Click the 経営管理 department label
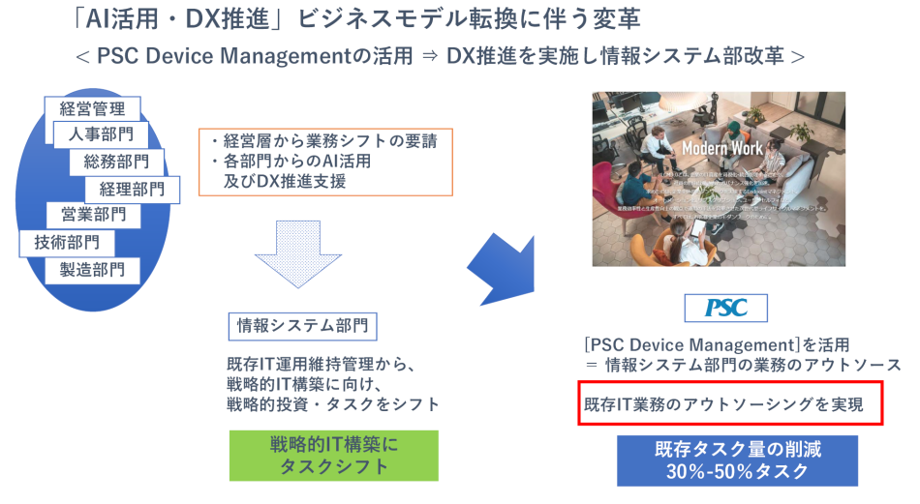point(92,108)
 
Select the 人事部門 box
point(100,134)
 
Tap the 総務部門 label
point(116,161)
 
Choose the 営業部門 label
point(93,215)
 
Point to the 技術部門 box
point(66,242)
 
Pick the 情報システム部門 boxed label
point(302,326)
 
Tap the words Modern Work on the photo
point(721,148)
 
